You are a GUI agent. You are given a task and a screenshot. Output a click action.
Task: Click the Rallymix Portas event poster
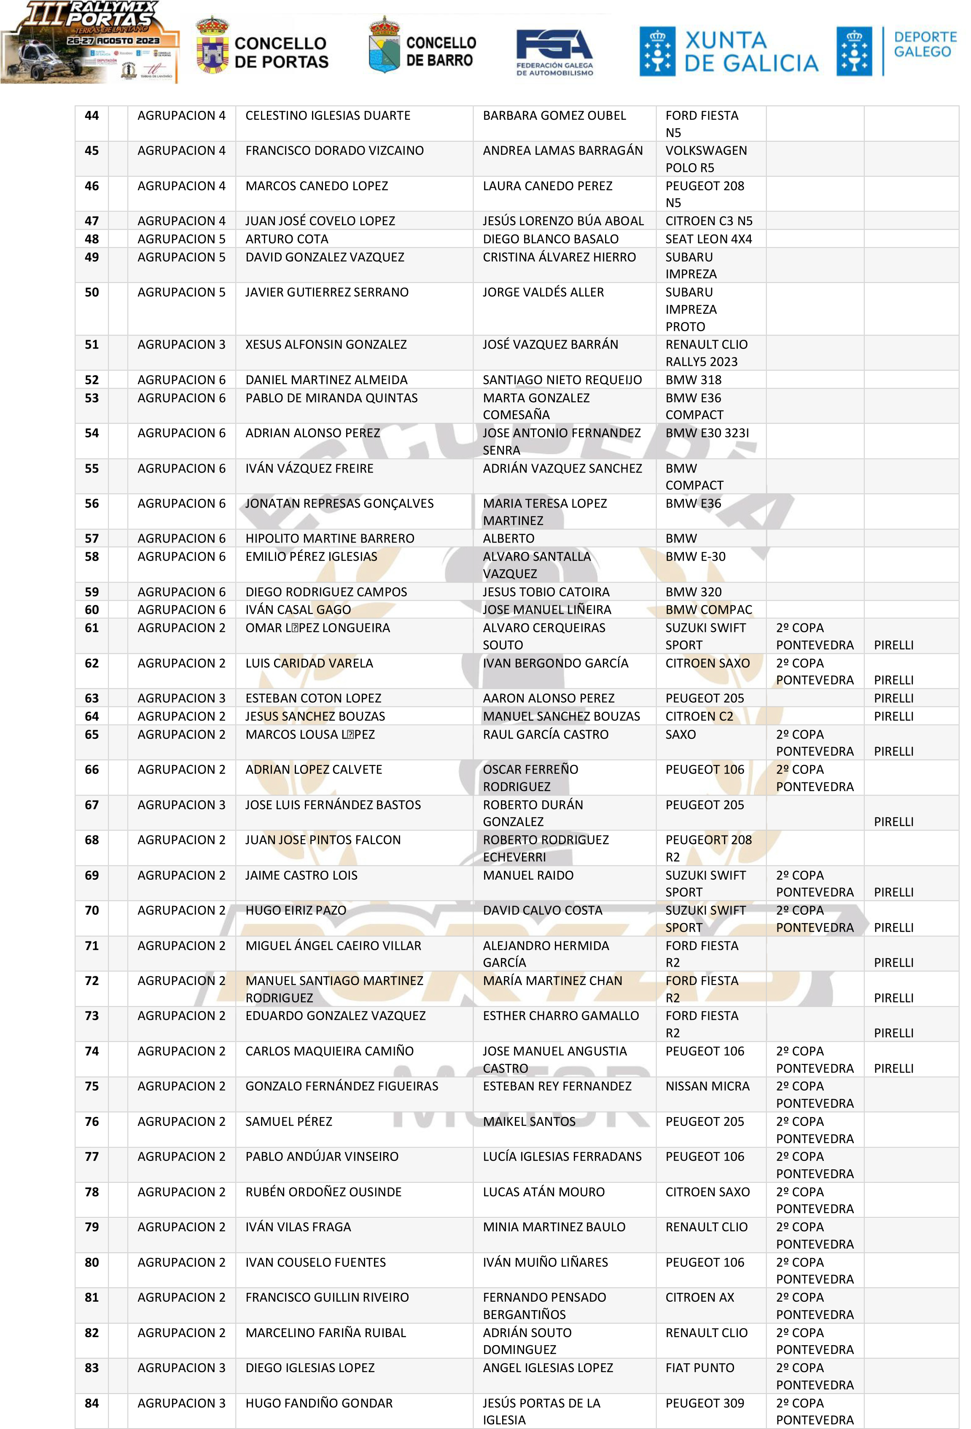[x=90, y=42]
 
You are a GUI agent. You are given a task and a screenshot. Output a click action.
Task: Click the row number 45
[x=91, y=150]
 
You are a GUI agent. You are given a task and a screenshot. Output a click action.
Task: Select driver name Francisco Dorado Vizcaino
[x=334, y=150]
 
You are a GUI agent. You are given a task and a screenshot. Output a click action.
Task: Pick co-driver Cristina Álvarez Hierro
[x=559, y=257]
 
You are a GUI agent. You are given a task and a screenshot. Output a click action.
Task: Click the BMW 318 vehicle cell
[x=693, y=380]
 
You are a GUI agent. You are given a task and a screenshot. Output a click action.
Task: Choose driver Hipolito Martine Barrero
[x=330, y=539]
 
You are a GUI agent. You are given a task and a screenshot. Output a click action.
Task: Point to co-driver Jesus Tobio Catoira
[x=546, y=592]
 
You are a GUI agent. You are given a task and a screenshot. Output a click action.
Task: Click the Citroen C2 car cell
[x=699, y=716]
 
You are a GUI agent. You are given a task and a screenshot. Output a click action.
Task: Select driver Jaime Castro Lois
[x=301, y=875]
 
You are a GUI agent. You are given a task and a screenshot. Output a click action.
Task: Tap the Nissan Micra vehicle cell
[x=707, y=1087]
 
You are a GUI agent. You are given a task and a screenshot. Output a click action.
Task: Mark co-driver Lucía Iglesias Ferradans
[x=562, y=1157]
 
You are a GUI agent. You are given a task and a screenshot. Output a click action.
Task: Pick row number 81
[x=91, y=1297]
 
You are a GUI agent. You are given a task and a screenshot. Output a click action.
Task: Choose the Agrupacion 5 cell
[x=181, y=257]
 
